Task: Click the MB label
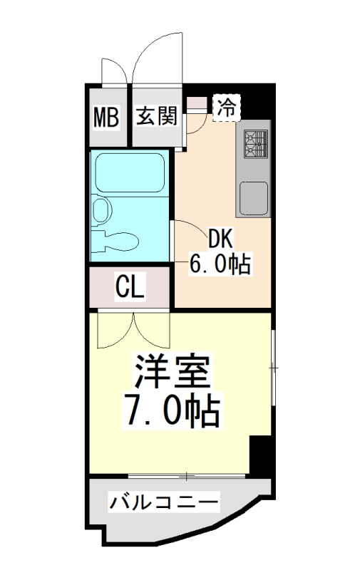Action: click(x=107, y=116)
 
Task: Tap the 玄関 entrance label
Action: click(x=156, y=115)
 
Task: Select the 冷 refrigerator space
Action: click(x=227, y=108)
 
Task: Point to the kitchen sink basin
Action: click(x=254, y=196)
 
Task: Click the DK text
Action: click(x=219, y=238)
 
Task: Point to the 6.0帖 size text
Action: click(x=219, y=264)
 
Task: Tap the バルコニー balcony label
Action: click(x=163, y=502)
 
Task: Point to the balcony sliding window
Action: click(x=187, y=475)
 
